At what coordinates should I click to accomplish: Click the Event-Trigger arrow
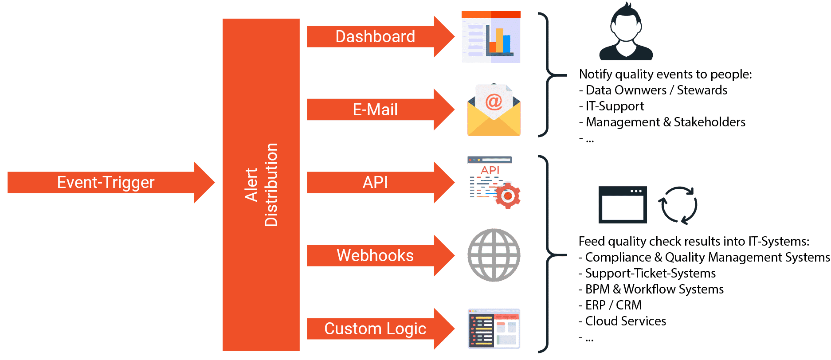106,183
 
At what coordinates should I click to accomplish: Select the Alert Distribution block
261,184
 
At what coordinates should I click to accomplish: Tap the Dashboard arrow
375,36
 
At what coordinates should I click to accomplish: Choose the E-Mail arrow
375,110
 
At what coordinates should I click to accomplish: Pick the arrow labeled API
375,182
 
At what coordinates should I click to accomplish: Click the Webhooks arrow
375,255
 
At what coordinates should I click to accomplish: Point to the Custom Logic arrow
375,329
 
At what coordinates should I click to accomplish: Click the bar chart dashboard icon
491,37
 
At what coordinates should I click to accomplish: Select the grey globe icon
494,255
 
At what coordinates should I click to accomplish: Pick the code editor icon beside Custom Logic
494,329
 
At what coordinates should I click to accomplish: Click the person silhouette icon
626,33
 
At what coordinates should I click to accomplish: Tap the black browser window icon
623,205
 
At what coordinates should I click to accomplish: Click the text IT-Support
615,106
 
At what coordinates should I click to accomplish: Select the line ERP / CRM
613,305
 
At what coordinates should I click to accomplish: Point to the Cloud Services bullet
625,321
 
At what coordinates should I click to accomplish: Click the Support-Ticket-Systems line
650,274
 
